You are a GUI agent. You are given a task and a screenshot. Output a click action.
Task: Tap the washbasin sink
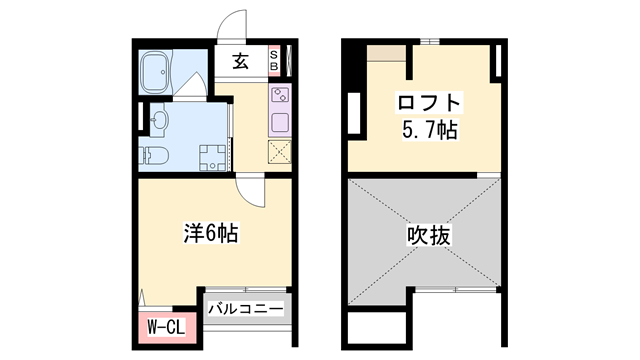(x=160, y=122)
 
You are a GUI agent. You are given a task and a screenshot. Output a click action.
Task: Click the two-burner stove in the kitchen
(x=280, y=98)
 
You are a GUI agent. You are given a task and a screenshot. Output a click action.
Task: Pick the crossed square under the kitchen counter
(x=280, y=152)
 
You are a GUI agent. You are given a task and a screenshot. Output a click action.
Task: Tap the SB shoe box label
(x=277, y=61)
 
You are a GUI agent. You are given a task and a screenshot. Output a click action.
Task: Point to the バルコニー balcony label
(x=245, y=308)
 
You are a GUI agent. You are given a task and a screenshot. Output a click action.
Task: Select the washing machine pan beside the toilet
(x=215, y=155)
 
